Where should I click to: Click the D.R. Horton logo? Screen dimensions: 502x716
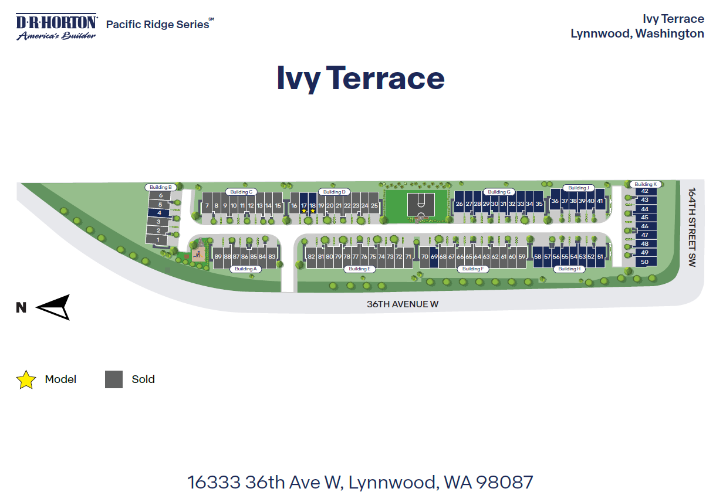tap(56, 27)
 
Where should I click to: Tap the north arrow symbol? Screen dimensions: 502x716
tap(54, 307)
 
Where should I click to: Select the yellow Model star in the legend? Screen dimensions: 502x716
tap(26, 380)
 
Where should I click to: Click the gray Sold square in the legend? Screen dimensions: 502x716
tap(114, 379)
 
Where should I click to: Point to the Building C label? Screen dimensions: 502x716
tap(241, 192)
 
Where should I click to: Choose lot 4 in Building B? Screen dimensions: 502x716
tap(158, 213)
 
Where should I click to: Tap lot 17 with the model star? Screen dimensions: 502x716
tap(303, 206)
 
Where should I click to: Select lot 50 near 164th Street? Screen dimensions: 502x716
tap(644, 262)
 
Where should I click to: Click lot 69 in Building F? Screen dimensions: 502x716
tap(434, 257)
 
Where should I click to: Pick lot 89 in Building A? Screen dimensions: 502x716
tap(218, 257)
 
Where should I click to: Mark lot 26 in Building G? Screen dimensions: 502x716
tap(460, 204)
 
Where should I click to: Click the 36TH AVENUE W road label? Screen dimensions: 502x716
tap(403, 304)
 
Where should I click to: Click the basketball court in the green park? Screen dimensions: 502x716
tap(421, 204)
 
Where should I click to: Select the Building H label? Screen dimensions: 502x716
tap(568, 269)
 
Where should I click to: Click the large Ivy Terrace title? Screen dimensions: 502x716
tap(360, 79)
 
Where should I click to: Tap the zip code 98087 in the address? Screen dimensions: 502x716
tap(505, 482)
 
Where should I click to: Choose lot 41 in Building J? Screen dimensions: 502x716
tap(599, 201)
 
